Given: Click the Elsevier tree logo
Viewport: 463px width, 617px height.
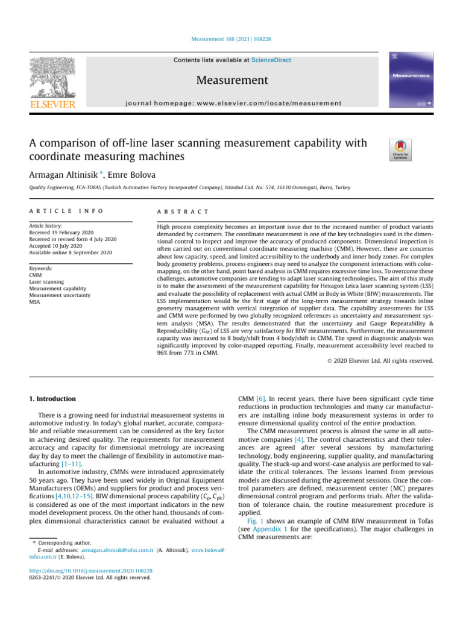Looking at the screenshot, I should point(52,78).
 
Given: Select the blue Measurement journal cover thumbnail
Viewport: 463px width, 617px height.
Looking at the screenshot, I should point(412,82).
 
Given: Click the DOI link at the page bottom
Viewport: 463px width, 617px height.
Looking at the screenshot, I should point(90,570).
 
